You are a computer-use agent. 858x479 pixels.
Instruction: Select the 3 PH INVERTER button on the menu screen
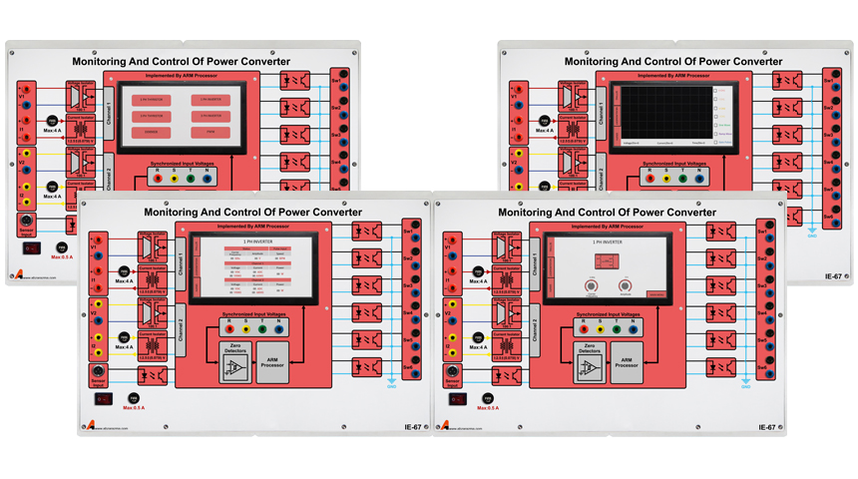click(x=149, y=116)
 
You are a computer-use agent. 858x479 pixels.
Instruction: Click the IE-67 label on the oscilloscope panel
click(x=835, y=275)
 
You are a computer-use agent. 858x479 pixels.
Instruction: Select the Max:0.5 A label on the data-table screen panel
click(x=134, y=409)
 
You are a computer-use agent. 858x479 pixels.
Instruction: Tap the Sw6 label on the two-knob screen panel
click(x=760, y=369)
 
